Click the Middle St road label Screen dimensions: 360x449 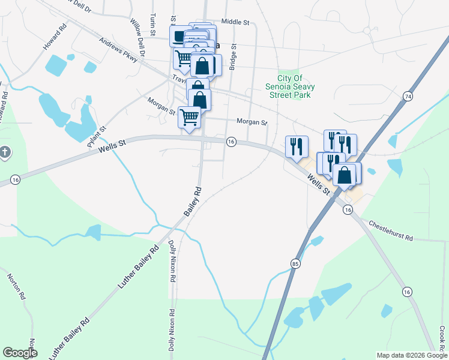pos(235,22)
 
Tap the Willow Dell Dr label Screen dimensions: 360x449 pos(138,37)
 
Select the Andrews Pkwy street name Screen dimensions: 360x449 pos(113,51)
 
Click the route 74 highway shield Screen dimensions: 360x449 pos(408,97)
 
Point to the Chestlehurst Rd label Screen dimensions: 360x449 pos(391,230)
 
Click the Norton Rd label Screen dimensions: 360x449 pos(16,287)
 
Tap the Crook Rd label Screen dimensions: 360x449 pos(442,339)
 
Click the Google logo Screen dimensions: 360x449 pos(20,353)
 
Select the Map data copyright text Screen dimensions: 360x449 pos(411,355)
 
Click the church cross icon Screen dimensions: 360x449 pos(4,152)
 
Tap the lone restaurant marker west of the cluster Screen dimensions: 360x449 pos(297,146)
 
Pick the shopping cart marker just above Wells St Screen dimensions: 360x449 pos(190,117)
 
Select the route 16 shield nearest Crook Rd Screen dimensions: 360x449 pos(407,292)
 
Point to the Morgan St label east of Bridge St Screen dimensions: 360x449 pos(252,122)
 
